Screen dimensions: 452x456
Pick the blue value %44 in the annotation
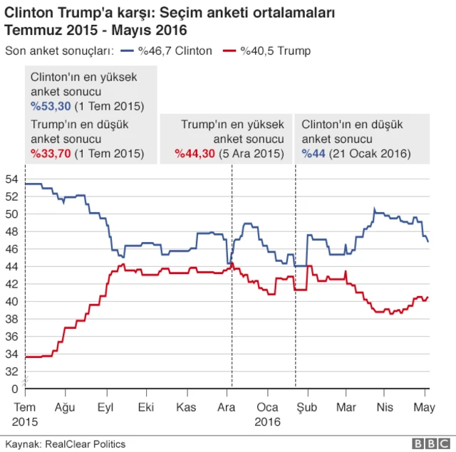pyautogui.click(x=311, y=152)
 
